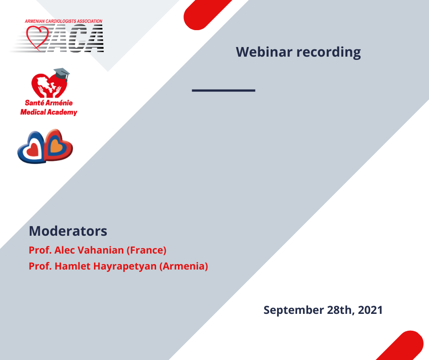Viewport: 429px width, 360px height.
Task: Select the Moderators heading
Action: [68, 231]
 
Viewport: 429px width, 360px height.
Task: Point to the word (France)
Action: [146, 250]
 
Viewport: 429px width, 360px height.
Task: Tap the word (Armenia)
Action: [183, 266]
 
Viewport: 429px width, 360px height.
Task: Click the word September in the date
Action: [293, 310]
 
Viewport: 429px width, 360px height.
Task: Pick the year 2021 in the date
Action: [370, 310]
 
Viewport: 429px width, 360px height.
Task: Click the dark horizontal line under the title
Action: [224, 90]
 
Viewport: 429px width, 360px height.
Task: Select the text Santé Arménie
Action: [49, 103]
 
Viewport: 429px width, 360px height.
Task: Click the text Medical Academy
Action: [49, 112]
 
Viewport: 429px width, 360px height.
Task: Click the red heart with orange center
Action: [58, 145]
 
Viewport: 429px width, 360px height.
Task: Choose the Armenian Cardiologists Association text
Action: [63, 21]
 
